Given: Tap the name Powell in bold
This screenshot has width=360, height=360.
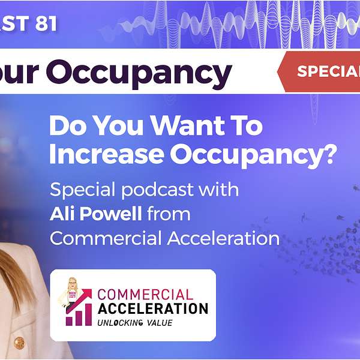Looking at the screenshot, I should pyautogui.click(x=113, y=214).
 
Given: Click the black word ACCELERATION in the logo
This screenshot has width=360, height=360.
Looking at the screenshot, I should pyautogui.click(x=152, y=309).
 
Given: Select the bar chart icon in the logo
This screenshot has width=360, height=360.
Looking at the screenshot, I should pyautogui.click(x=79, y=312).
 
